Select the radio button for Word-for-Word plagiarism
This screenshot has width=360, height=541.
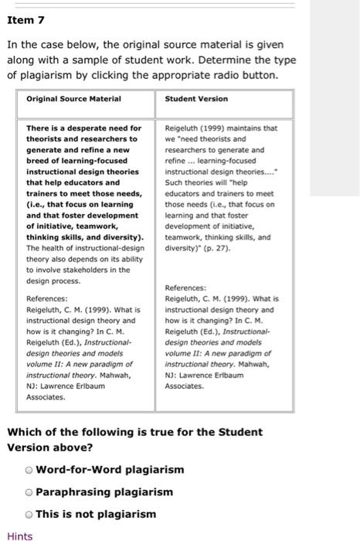[29, 470]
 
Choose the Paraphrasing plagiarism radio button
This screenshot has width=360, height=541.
[29, 492]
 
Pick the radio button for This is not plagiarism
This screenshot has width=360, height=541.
[29, 514]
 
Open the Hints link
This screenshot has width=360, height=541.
[19, 535]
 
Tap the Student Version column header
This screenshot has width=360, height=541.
[196, 99]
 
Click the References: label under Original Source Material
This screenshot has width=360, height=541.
[48, 298]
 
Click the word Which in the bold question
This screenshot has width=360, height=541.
[25, 431]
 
